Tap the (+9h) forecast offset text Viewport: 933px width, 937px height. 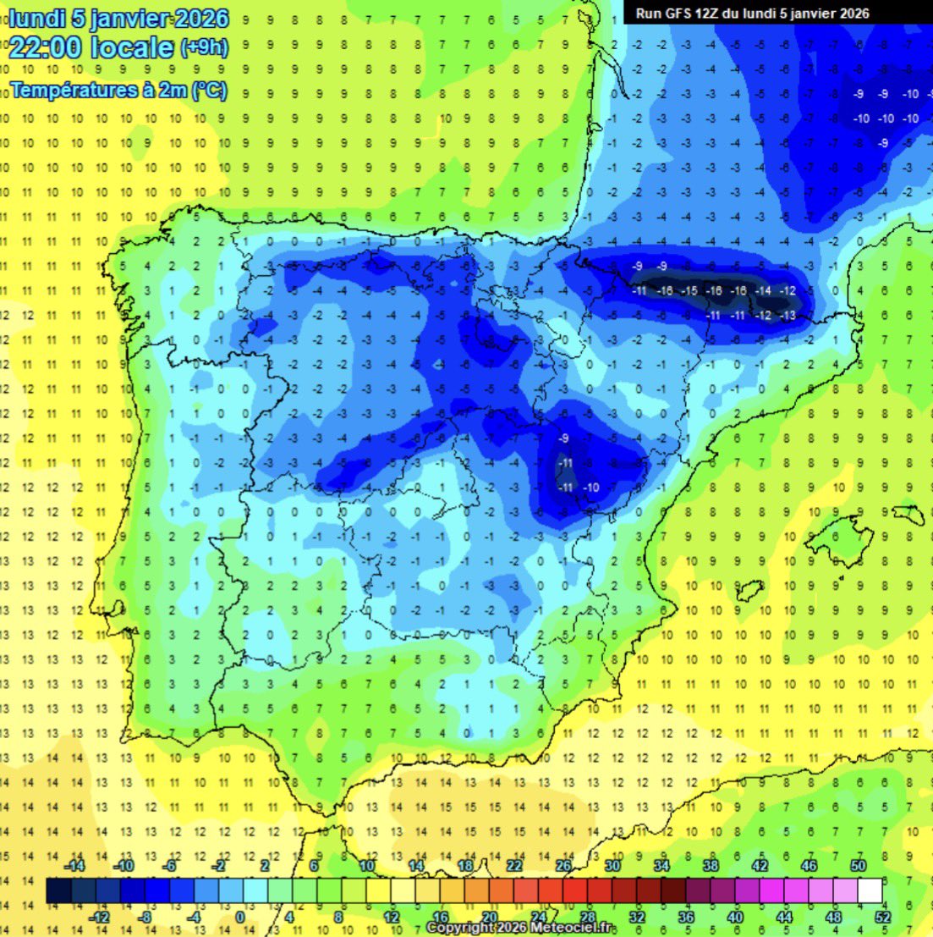[203, 47]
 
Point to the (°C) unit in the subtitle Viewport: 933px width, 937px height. [210, 89]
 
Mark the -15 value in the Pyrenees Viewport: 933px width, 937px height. [690, 291]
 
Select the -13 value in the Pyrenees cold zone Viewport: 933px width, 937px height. [788, 316]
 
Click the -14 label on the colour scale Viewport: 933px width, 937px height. [76, 867]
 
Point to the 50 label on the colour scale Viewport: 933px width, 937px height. [859, 867]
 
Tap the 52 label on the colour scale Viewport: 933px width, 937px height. [883, 918]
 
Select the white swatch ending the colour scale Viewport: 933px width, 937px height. [870, 891]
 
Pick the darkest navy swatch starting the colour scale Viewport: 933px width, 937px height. [58, 891]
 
